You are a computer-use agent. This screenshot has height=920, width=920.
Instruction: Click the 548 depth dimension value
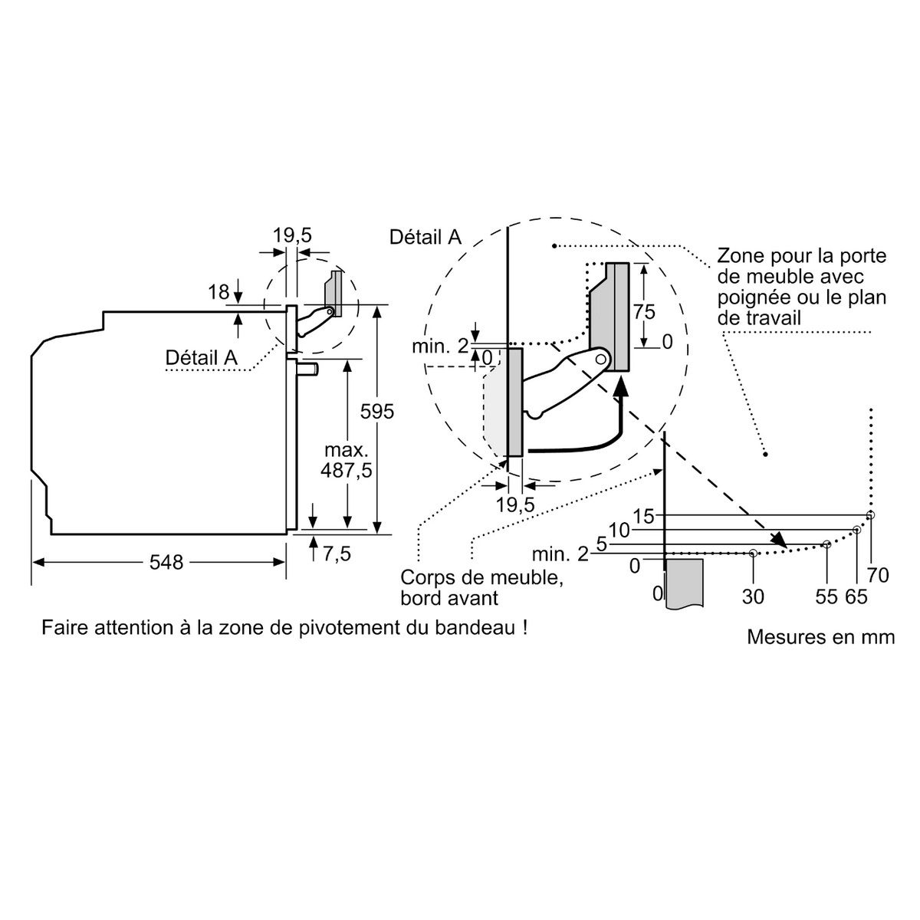[166, 563]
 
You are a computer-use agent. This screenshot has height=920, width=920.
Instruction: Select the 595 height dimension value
[377, 412]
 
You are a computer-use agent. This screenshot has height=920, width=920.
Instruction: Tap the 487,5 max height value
[348, 470]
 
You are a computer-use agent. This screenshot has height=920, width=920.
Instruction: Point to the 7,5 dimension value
[337, 554]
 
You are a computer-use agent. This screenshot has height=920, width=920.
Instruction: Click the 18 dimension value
[219, 292]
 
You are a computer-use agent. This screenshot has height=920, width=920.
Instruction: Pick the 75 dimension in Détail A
[645, 311]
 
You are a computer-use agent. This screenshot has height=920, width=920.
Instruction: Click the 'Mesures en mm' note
[820, 637]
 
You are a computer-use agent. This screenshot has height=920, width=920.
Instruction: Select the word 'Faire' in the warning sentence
[64, 628]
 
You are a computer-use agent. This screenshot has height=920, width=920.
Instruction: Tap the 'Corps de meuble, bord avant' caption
[481, 587]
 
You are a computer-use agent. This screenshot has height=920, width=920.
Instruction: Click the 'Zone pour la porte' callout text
[802, 255]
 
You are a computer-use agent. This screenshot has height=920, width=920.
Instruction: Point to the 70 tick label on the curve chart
[879, 573]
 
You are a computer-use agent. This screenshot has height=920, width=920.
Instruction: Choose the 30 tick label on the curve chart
[754, 596]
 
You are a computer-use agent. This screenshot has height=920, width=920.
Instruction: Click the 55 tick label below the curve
[826, 596]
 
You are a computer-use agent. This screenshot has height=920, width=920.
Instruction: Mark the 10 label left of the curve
[619, 530]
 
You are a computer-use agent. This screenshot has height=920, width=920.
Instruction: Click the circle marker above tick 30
[754, 553]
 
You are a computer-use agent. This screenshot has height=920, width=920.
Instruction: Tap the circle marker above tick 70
[870, 515]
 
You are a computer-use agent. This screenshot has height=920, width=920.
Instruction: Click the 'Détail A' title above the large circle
[426, 237]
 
